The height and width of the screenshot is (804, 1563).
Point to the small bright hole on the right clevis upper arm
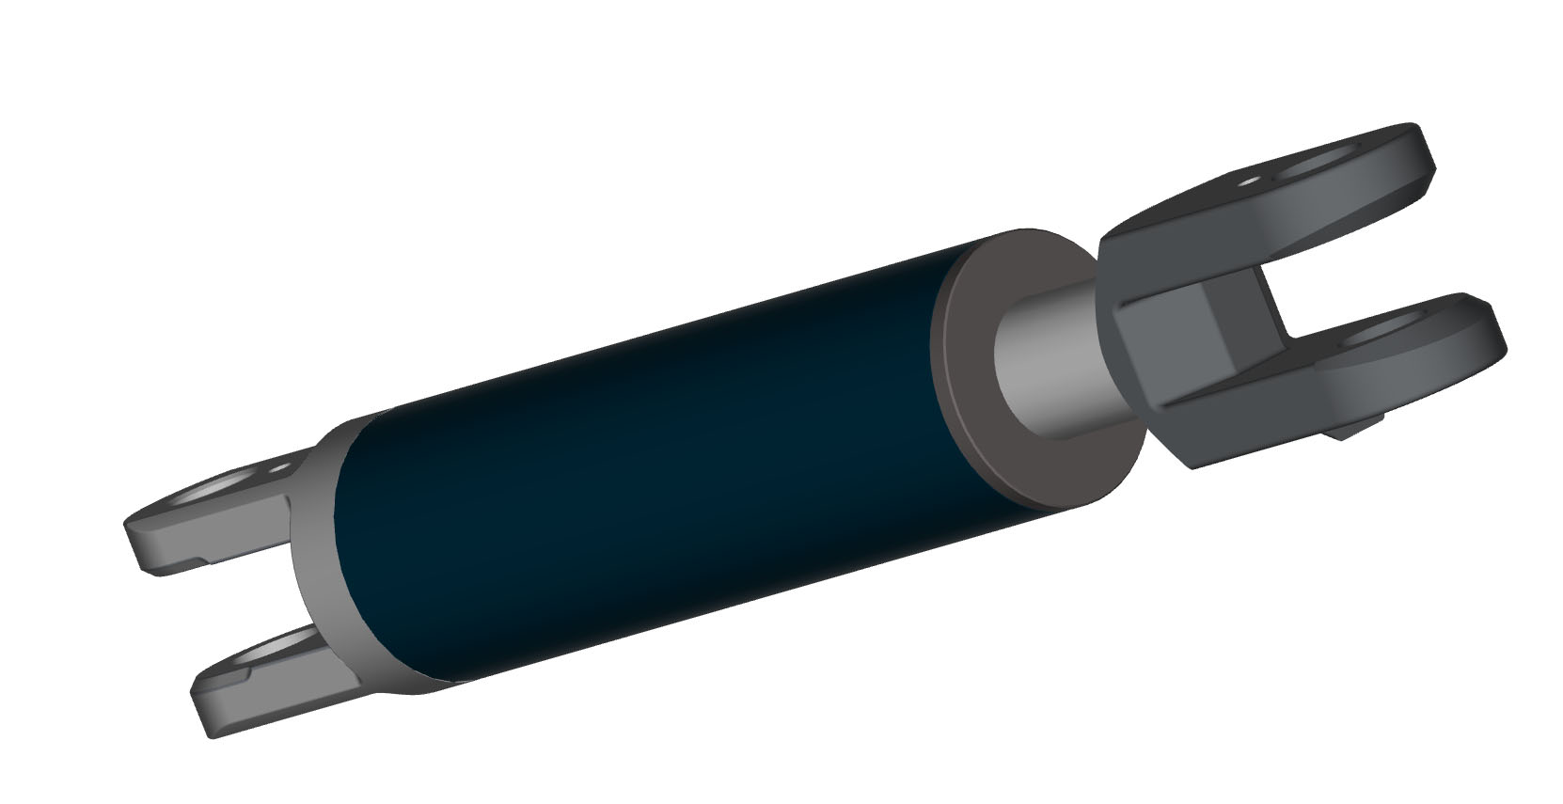pos(1250,182)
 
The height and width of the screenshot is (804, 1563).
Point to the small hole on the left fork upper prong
pos(279,466)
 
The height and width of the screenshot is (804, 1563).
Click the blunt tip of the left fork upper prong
pos(141,545)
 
